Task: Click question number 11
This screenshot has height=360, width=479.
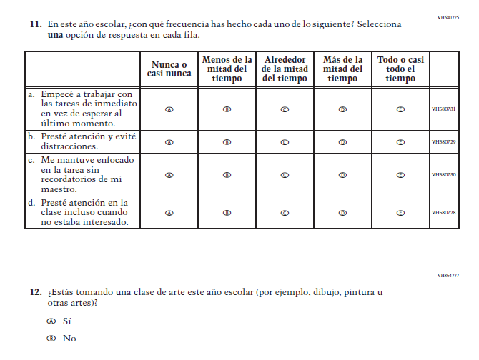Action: pyautogui.click(x=35, y=24)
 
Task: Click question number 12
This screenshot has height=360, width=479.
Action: pyautogui.click(x=35, y=292)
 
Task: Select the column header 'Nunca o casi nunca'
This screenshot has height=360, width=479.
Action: pyautogui.click(x=169, y=69)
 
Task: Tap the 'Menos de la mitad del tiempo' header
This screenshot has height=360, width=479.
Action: pyautogui.click(x=227, y=69)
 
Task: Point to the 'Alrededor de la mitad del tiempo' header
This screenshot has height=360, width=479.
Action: pyautogui.click(x=285, y=69)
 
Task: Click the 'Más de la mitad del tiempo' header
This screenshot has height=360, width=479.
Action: pyautogui.click(x=342, y=69)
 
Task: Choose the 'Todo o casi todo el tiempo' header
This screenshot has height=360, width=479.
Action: pyautogui.click(x=400, y=69)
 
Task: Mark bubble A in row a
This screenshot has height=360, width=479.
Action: pyautogui.click(x=169, y=109)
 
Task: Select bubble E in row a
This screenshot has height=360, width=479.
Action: pyautogui.click(x=400, y=109)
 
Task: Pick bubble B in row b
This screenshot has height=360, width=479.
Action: pyautogui.click(x=227, y=141)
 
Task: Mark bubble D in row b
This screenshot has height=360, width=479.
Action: pyautogui.click(x=342, y=141)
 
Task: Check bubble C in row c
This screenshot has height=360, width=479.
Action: pyautogui.click(x=285, y=174)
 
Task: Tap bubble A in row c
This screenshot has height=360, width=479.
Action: pyautogui.click(x=169, y=174)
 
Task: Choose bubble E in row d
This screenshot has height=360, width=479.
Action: pyautogui.click(x=400, y=212)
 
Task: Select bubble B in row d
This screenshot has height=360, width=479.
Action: pyautogui.click(x=227, y=212)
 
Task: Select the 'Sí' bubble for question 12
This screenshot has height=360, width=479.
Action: pyautogui.click(x=51, y=321)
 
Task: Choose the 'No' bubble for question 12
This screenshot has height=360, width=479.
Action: pyautogui.click(x=51, y=339)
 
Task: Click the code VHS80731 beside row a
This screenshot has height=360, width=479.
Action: pyautogui.click(x=444, y=109)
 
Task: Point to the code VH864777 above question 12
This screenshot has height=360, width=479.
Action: pyautogui.click(x=448, y=275)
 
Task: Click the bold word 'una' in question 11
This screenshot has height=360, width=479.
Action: pyautogui.click(x=55, y=35)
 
